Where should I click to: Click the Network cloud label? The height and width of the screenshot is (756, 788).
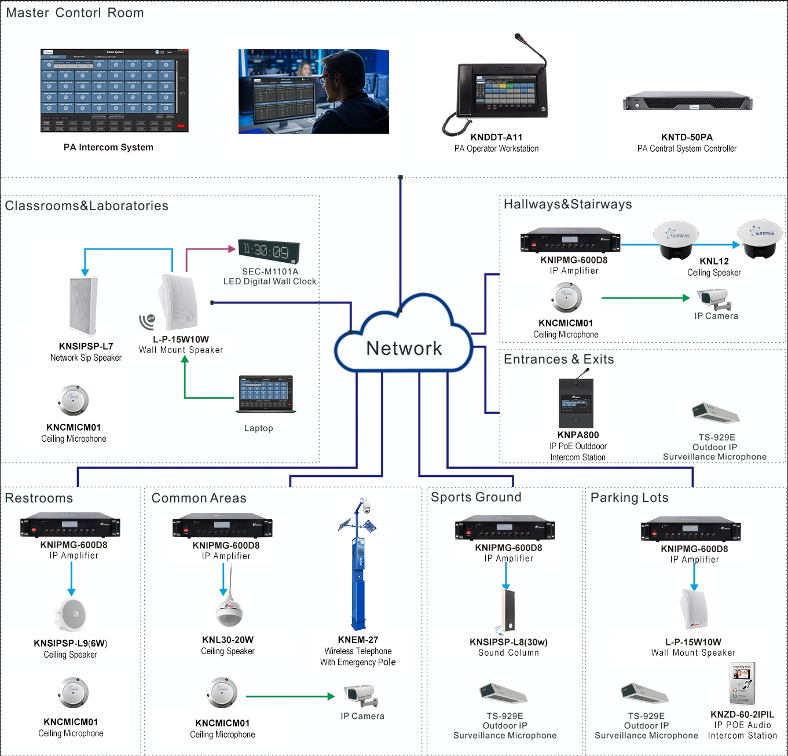[x=404, y=348]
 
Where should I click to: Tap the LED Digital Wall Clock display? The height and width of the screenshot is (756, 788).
[x=269, y=251]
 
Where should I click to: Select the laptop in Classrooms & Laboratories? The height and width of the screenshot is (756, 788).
[x=266, y=394]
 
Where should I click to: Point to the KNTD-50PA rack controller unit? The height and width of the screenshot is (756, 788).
[x=687, y=101]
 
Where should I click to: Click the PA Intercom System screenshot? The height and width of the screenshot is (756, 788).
[x=114, y=90]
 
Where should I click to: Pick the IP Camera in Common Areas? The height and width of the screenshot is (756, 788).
[x=361, y=696]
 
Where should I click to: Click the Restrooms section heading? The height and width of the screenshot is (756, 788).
[x=39, y=498]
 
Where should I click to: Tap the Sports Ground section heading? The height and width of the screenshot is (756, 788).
[x=476, y=497]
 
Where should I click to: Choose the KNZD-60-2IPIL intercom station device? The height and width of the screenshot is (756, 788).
[x=742, y=684]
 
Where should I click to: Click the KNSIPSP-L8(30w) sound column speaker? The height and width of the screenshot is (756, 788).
[x=508, y=611]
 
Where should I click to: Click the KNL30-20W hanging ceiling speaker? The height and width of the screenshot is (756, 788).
[x=229, y=611]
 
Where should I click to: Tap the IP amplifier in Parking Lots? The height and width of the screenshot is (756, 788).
[x=691, y=530]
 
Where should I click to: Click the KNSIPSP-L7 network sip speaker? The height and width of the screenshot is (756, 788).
[x=84, y=306]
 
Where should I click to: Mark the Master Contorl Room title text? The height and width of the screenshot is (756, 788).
[x=75, y=13]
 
